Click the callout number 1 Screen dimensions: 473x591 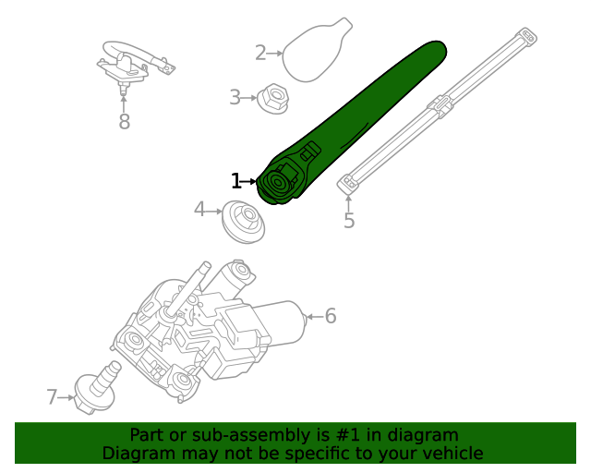[x=236, y=181]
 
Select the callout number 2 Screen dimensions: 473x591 [x=260, y=53]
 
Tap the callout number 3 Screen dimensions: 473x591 [x=235, y=96]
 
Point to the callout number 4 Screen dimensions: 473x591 [x=199, y=210]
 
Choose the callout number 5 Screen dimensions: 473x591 [x=349, y=221]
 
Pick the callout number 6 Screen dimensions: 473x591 [x=330, y=317]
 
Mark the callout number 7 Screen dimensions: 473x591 [x=52, y=397]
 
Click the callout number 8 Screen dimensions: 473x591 [x=124, y=121]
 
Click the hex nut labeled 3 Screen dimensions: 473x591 [x=272, y=95]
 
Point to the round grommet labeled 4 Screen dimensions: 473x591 [x=245, y=223]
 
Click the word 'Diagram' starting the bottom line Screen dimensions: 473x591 [x=136, y=454]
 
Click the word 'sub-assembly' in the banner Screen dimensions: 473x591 [x=241, y=435]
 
